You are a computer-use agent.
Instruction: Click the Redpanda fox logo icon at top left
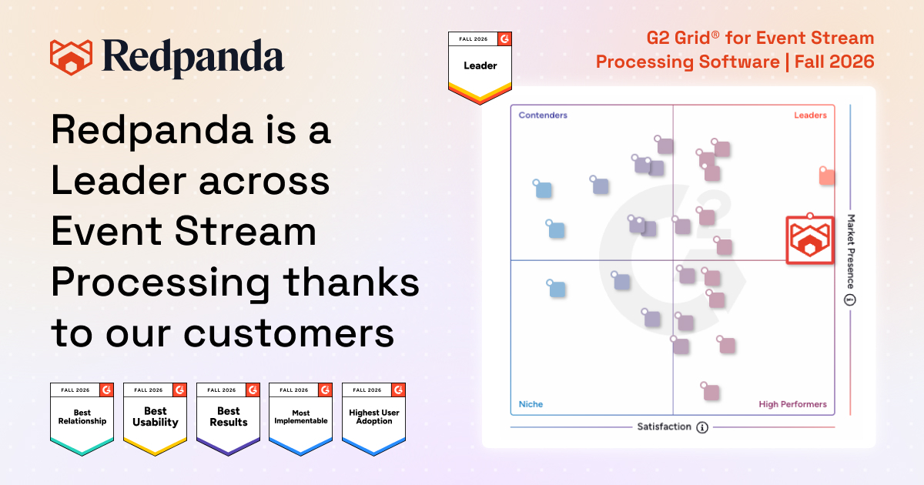(71, 57)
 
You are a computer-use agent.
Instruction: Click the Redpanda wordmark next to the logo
(193, 59)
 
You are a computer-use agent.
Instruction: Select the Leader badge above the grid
(480, 68)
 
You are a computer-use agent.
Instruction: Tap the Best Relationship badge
(82, 419)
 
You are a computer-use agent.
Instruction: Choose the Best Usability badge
(155, 419)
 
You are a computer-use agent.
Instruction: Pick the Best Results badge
(228, 419)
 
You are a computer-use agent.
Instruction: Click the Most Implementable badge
(301, 419)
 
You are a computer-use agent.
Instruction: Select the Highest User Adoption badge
(373, 419)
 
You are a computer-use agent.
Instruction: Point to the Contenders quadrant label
(543, 115)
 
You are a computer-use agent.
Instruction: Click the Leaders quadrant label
(810, 115)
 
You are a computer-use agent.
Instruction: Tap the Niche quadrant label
(531, 404)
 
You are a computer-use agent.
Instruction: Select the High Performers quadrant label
(793, 404)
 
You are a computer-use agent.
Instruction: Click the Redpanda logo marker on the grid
(810, 239)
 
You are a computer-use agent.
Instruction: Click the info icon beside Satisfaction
(702, 427)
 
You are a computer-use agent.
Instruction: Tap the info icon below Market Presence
(850, 299)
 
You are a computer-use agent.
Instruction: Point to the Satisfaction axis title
(664, 426)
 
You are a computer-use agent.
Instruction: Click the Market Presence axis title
(851, 252)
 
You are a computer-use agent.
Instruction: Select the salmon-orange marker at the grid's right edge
(827, 176)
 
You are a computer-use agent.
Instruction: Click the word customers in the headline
(289, 333)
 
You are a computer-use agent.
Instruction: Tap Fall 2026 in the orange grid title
(834, 62)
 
